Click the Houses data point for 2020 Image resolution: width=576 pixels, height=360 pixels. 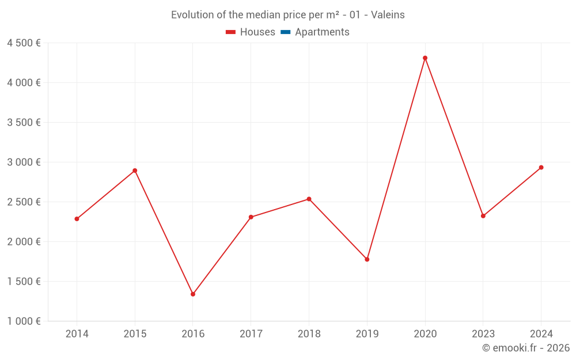pyautogui.click(x=425, y=58)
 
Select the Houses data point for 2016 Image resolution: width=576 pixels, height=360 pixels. pyautogui.click(x=193, y=294)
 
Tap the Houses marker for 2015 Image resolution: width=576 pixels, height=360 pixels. pyautogui.click(x=135, y=170)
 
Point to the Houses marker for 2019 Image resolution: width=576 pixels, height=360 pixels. pyautogui.click(x=367, y=259)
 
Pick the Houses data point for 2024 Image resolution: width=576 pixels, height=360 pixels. pyautogui.click(x=541, y=168)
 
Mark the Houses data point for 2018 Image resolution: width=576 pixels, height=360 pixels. pyautogui.click(x=309, y=199)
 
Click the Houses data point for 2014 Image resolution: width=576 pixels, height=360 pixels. pyautogui.click(x=77, y=219)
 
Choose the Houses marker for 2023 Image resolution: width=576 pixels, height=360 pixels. pyautogui.click(x=483, y=216)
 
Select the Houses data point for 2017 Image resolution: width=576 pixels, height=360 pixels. pyautogui.click(x=251, y=217)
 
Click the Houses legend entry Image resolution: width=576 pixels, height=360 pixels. pyautogui.click(x=251, y=32)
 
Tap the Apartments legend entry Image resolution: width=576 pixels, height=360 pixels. pyautogui.click(x=315, y=32)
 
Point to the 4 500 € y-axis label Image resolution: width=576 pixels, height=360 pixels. pyautogui.click(x=24, y=43)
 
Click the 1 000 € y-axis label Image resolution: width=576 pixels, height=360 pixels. pyautogui.click(x=24, y=321)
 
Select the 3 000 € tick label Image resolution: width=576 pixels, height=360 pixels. pyautogui.click(x=24, y=162)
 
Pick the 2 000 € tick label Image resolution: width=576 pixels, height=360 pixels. pyautogui.click(x=24, y=242)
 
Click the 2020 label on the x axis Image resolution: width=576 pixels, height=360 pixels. pyautogui.click(x=425, y=334)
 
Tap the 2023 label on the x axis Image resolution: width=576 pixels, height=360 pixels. pyautogui.click(x=483, y=334)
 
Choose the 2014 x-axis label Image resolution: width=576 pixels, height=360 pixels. pyautogui.click(x=77, y=334)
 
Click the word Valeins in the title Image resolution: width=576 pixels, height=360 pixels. pyautogui.click(x=388, y=15)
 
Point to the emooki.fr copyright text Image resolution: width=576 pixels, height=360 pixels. pyautogui.click(x=526, y=348)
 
